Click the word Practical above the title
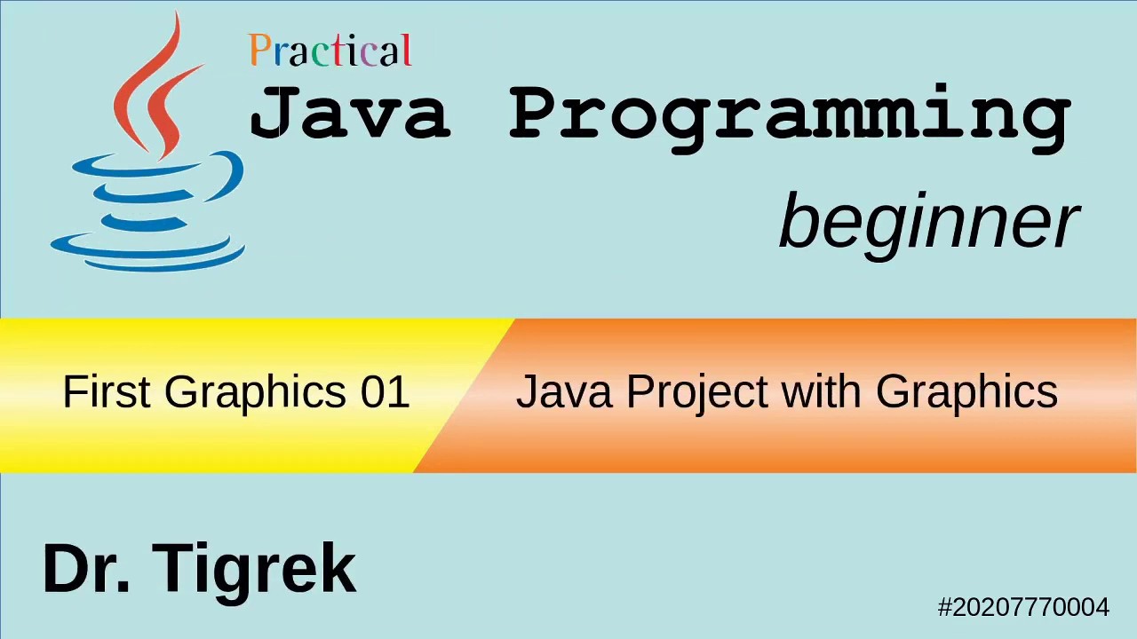tap(330, 51)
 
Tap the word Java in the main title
tap(350, 114)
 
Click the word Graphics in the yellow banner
tap(255, 391)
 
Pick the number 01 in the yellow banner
tap(385, 391)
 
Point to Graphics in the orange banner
tap(966, 391)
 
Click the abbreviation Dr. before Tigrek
tap(86, 569)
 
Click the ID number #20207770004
tap(1023, 607)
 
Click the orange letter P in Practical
tap(259, 51)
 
